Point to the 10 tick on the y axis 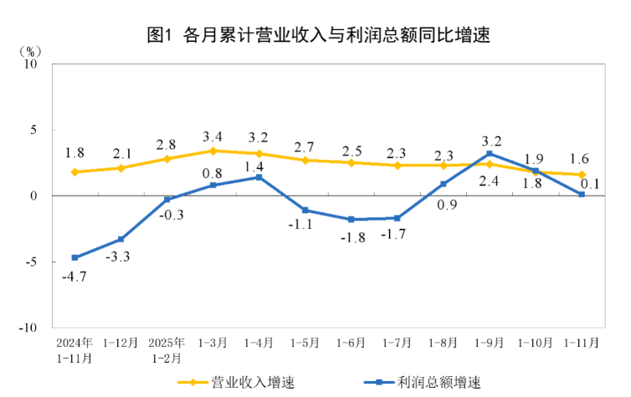tap(33, 64)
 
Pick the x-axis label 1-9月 tap(489, 344)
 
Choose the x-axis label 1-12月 tap(121, 344)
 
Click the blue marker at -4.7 tap(75, 257)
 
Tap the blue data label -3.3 tap(116, 257)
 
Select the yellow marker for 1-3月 tap(213, 151)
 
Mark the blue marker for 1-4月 tap(259, 177)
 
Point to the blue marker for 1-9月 tap(489, 154)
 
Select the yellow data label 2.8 tap(167, 143)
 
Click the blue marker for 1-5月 tap(305, 210)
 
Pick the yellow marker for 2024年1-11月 tap(75, 172)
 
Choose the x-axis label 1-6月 tap(351, 344)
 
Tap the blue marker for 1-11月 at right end tap(581, 194)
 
